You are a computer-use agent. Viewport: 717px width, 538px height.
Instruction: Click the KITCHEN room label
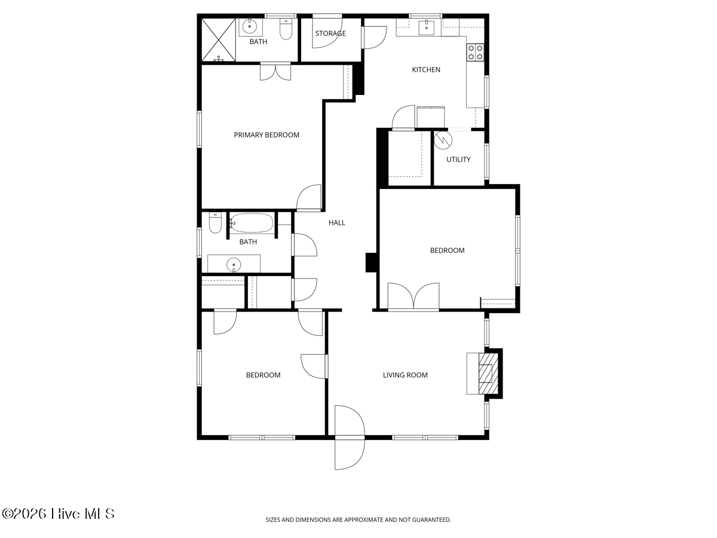click(426, 69)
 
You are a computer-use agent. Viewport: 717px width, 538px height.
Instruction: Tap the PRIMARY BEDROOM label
click(266, 135)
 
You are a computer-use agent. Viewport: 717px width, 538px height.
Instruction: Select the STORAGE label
click(330, 33)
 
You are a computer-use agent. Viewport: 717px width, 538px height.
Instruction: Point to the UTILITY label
click(458, 160)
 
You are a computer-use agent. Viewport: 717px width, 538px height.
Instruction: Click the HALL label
click(337, 223)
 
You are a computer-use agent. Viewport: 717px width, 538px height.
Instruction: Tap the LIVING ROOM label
click(405, 375)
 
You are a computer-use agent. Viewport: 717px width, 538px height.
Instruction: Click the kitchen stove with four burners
click(475, 52)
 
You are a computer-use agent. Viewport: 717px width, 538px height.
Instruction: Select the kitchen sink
click(426, 27)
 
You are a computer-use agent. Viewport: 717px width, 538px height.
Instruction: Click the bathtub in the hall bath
click(251, 223)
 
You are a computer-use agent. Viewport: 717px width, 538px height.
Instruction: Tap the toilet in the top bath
click(286, 29)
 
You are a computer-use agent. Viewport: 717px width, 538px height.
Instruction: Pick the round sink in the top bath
click(250, 27)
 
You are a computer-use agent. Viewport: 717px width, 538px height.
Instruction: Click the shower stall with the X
click(219, 40)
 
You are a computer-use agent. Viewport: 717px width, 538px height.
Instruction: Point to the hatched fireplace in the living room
click(488, 374)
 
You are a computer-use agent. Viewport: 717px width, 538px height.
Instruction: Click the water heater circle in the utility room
click(443, 140)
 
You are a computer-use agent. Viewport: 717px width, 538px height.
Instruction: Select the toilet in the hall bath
click(215, 222)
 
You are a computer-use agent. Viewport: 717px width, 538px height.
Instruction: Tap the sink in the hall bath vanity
click(234, 264)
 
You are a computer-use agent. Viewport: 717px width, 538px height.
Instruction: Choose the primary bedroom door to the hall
click(309, 197)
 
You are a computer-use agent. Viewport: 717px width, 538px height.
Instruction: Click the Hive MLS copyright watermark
click(58, 514)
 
